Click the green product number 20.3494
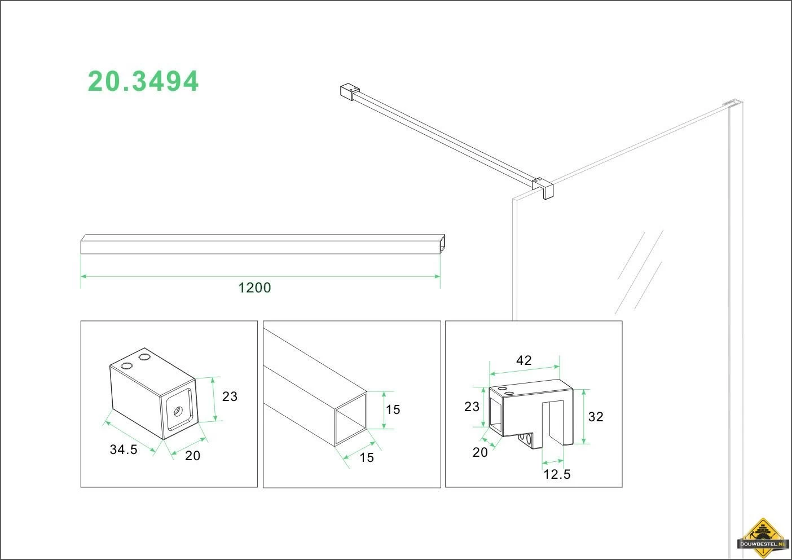coord(143,81)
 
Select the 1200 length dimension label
coord(254,288)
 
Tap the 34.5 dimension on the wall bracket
coord(124,449)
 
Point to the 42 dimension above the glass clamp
coord(523,360)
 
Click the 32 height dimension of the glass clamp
coord(596,417)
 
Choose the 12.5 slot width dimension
coord(557,474)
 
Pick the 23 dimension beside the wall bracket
coord(230,396)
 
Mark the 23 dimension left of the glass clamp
coord(472,407)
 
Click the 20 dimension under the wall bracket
coord(193,456)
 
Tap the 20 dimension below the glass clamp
coord(480,452)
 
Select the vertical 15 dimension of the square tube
coord(393,409)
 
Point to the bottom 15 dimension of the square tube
coord(367,457)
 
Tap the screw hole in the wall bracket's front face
coord(177,411)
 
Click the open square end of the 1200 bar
coord(442,244)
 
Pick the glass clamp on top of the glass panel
coord(543,187)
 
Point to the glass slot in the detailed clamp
coord(554,422)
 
